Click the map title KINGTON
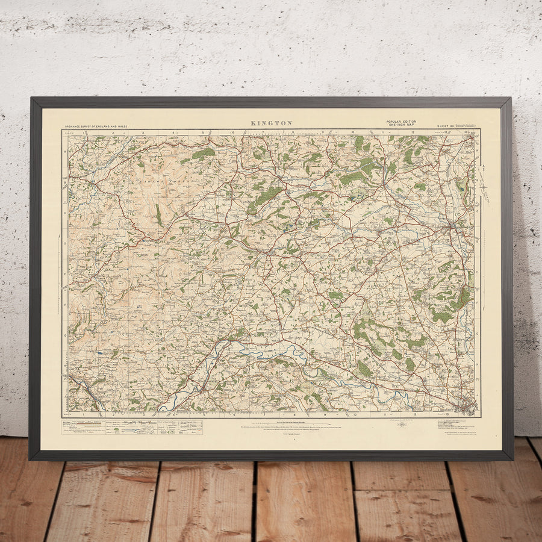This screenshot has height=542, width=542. [x=271, y=123]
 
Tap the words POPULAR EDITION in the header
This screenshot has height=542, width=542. [x=401, y=122]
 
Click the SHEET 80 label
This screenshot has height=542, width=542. [x=445, y=126]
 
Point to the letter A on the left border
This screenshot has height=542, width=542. [x=64, y=152]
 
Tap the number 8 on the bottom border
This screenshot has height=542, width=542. [x=293, y=414]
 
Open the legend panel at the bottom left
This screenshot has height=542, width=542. [x=132, y=427]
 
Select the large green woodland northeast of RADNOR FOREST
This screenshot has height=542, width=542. [x=204, y=154]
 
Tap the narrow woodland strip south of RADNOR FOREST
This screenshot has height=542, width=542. [x=158, y=214]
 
